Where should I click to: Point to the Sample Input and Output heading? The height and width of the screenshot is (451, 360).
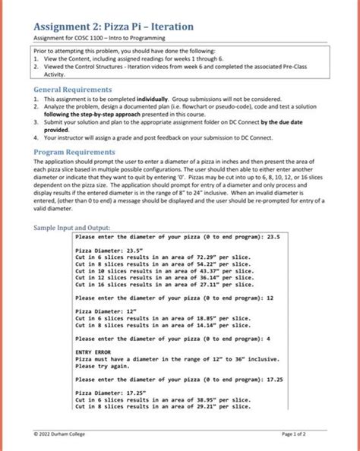pos(73,227)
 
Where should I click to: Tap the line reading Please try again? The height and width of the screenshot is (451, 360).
pos(103,366)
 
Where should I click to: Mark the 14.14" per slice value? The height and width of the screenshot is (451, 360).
pos(201,325)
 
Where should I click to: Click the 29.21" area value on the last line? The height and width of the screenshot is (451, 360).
pos(201,406)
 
